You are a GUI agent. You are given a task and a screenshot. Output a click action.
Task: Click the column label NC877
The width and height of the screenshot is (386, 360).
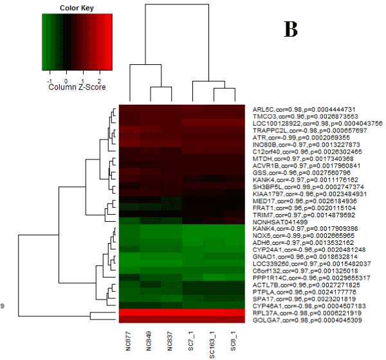click(130, 338)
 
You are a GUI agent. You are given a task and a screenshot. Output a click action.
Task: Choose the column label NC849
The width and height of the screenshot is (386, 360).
click(151, 338)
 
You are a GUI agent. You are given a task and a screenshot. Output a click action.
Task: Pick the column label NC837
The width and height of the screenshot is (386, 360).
click(171, 338)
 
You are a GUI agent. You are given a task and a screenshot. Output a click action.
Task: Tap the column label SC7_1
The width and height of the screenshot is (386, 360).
click(192, 337)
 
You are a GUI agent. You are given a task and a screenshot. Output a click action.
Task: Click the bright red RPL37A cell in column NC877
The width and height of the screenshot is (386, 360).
click(130, 312)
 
